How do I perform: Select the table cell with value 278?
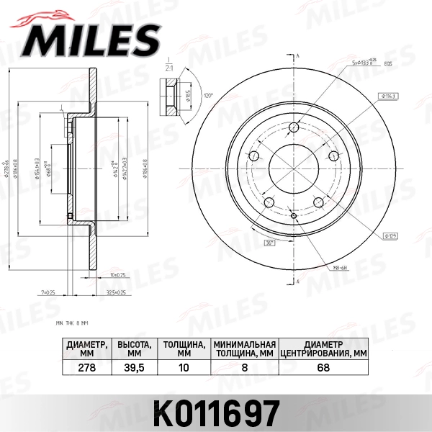pyautogui.click(x=86, y=366)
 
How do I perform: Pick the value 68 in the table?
pyautogui.click(x=323, y=366)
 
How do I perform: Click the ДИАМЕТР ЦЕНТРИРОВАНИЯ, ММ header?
pyautogui.click(x=323, y=348)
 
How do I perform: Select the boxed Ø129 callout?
pyautogui.click(x=392, y=235)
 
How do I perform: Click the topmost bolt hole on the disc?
pyautogui.click(x=295, y=128)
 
